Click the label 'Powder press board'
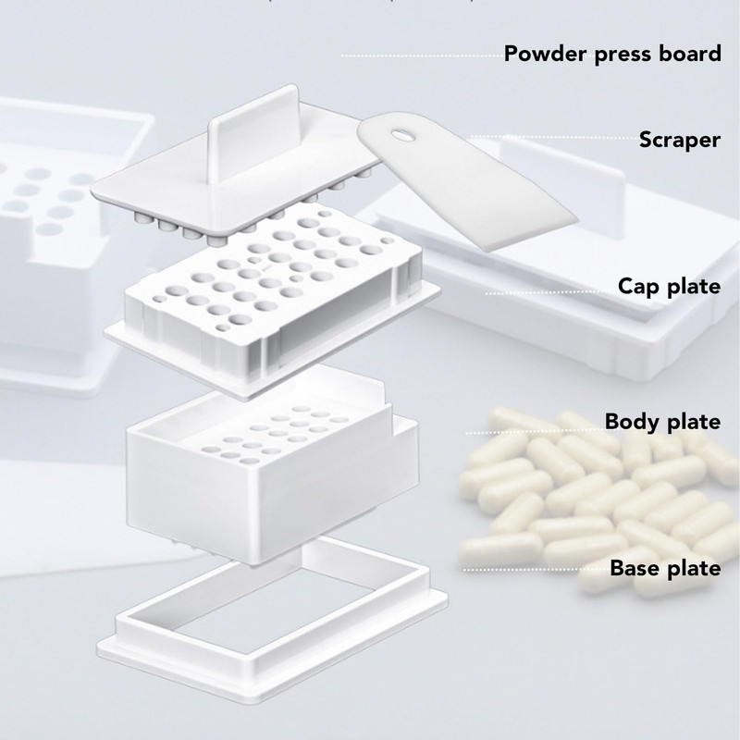point(612,54)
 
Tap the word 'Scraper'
point(679,141)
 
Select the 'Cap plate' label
point(669,286)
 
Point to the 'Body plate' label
point(662,423)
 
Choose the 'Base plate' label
point(664,568)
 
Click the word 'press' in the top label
point(624,55)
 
